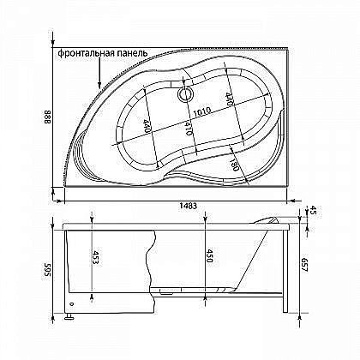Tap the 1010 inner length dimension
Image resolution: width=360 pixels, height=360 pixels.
point(203,111)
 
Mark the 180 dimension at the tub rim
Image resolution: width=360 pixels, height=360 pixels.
point(233,162)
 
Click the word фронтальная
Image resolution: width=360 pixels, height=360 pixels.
point(84,52)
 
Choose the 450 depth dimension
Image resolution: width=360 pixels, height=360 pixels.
point(207,255)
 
